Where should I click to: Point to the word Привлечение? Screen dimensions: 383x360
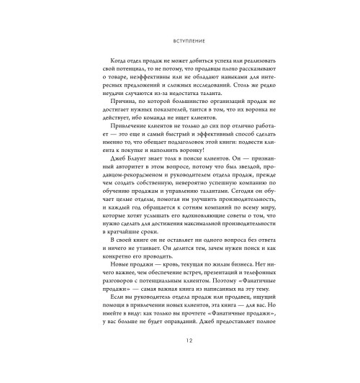point(129,135)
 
